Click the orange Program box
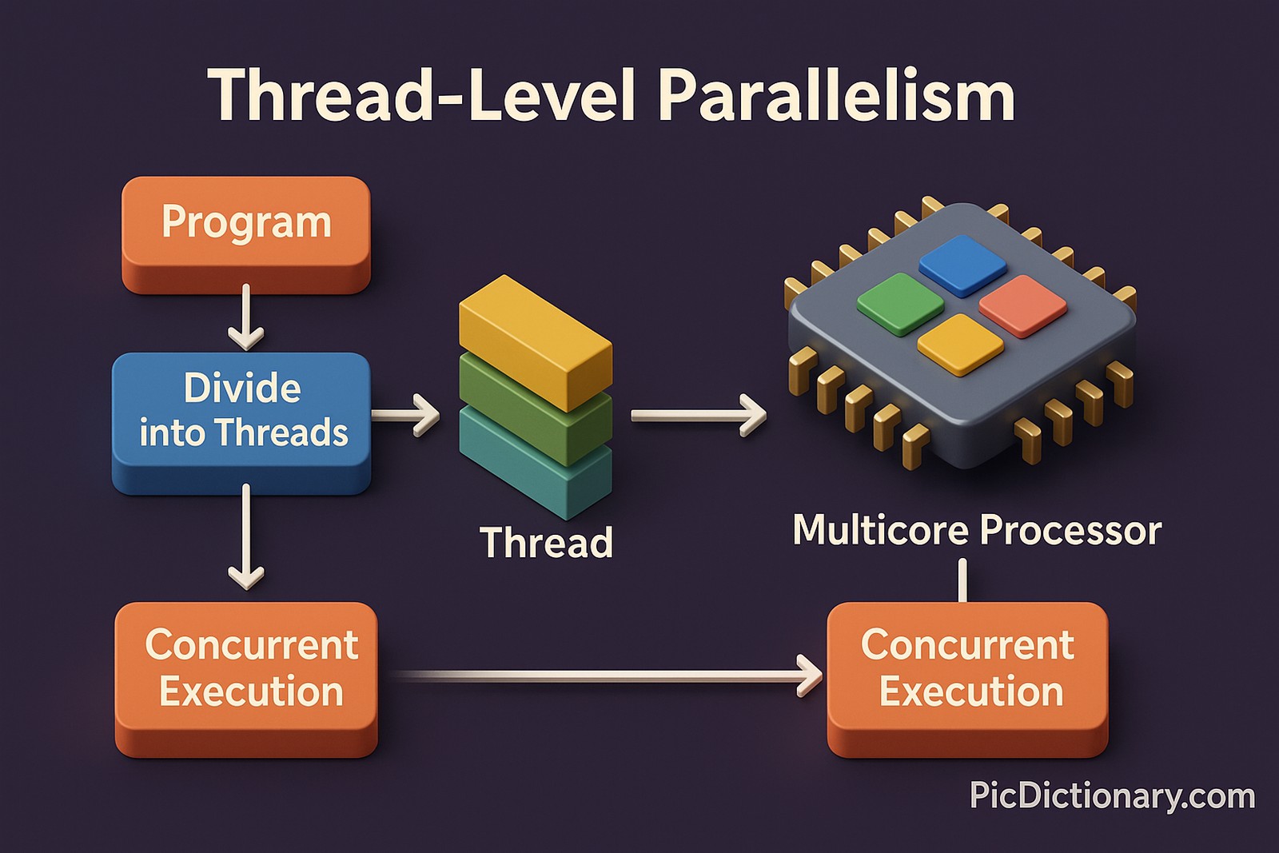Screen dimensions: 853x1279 (245, 232)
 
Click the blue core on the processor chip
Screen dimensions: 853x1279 (962, 265)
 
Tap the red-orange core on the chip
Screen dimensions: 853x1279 (1023, 305)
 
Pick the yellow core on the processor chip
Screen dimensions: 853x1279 (960, 344)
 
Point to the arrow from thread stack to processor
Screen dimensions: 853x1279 (698, 415)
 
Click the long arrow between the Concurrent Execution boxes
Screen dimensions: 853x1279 (608, 676)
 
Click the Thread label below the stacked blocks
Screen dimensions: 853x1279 (546, 543)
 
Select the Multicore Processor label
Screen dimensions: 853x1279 (977, 530)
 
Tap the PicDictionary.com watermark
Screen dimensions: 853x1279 (1112, 796)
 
